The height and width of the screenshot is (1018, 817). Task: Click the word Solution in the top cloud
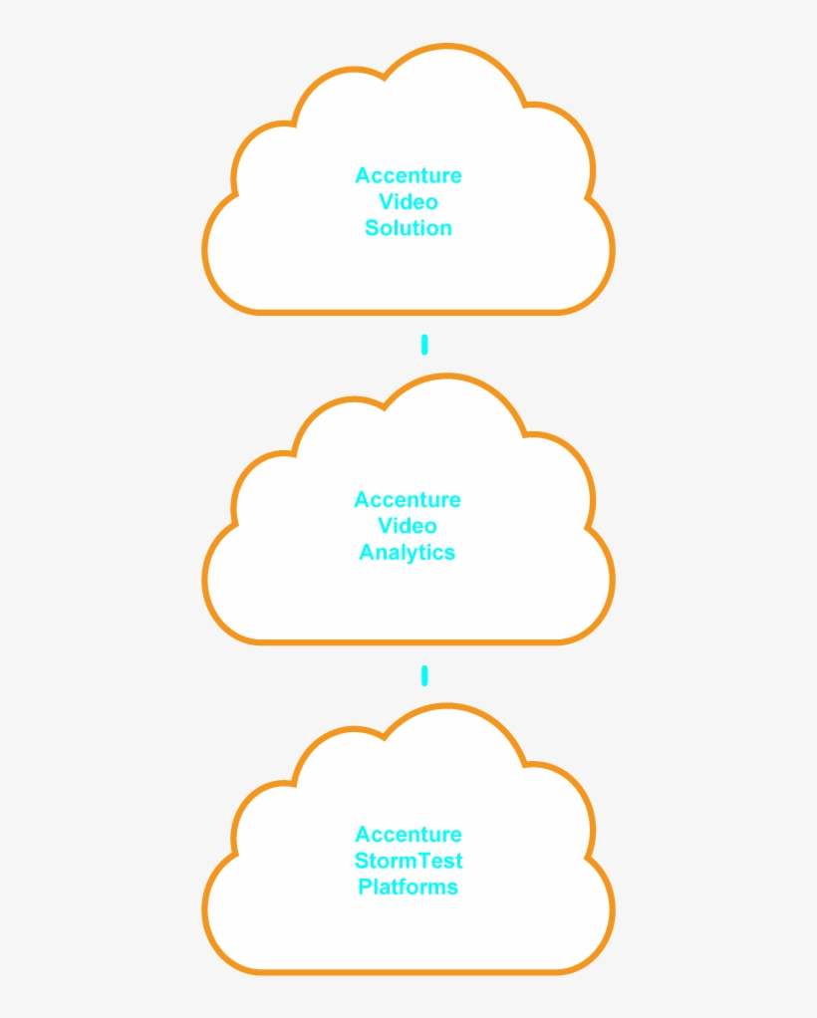408,228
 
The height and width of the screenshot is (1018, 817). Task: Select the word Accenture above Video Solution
408,176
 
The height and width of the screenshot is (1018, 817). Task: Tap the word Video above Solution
408,202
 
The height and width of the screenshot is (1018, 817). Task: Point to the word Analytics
408,553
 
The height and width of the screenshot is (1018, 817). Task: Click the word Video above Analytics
408,526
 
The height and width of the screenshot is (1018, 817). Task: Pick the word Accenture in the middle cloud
408,500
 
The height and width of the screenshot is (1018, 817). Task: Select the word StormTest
408,861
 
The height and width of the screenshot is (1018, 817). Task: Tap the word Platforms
408,887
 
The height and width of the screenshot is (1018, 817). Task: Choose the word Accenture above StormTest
408,835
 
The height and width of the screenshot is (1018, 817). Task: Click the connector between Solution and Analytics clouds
424,345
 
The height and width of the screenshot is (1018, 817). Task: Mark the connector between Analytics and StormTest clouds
424,676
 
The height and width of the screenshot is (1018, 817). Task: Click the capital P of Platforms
365,887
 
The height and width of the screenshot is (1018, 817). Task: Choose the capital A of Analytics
367,553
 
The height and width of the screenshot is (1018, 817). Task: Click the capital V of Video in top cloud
386,202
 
